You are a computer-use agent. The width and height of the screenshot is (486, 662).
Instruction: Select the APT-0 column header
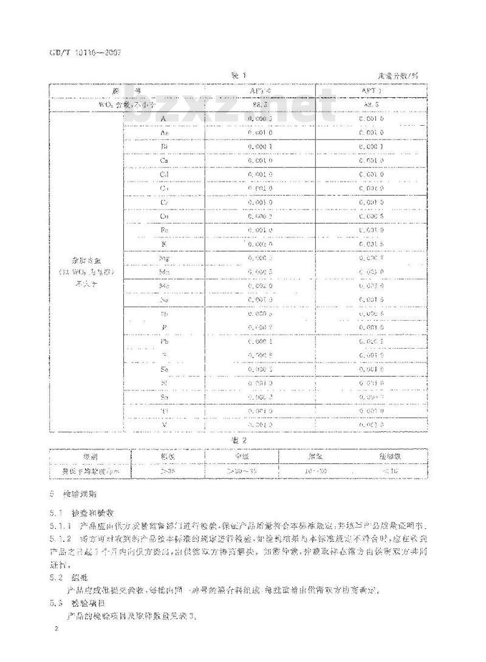coord(260,91)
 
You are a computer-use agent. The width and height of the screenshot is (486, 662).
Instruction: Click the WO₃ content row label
coord(128,105)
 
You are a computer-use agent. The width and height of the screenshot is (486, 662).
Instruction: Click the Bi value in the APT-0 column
coord(260,146)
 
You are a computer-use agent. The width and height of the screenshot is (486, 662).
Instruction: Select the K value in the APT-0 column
coord(260,244)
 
